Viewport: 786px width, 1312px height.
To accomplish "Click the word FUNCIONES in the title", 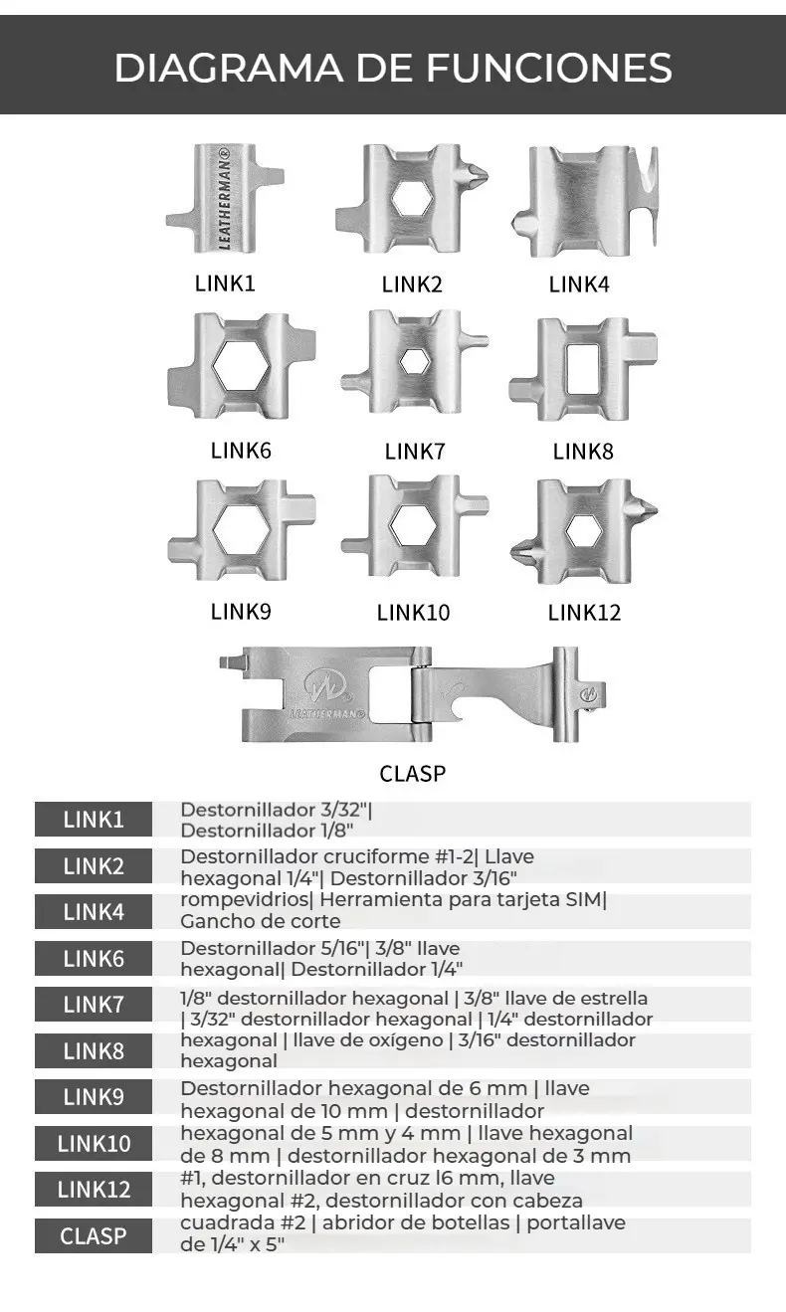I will tap(549, 69).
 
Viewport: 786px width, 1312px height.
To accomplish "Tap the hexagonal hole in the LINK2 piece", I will tap(410, 197).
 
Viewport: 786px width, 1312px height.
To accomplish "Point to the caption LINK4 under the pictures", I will tap(579, 284).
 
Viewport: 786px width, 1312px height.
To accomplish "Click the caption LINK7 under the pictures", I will tap(414, 451).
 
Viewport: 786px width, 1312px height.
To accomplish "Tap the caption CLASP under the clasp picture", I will tap(412, 773).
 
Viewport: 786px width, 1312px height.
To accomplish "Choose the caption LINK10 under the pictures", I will tap(413, 613).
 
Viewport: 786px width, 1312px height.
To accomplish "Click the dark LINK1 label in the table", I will tap(94, 820).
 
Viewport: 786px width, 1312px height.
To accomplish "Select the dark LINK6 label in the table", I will tap(94, 959).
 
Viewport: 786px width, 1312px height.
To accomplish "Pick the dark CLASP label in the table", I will tap(94, 1236).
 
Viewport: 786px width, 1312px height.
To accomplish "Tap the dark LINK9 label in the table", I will tap(94, 1097).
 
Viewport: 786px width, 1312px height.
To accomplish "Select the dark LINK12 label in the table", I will tap(94, 1190).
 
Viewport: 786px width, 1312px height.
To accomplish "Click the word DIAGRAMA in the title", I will tap(235, 69).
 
